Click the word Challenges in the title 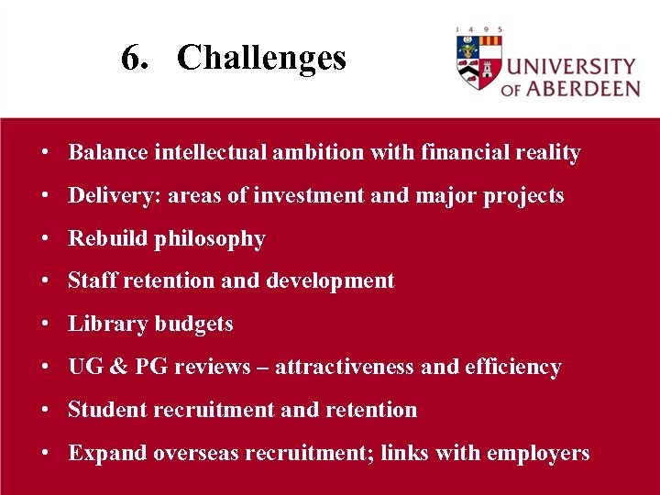(x=261, y=59)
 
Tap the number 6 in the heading (x=131, y=59)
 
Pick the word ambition (x=319, y=152)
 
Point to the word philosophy (x=210, y=239)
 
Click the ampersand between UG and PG (x=119, y=367)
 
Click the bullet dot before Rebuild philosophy (x=44, y=239)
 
